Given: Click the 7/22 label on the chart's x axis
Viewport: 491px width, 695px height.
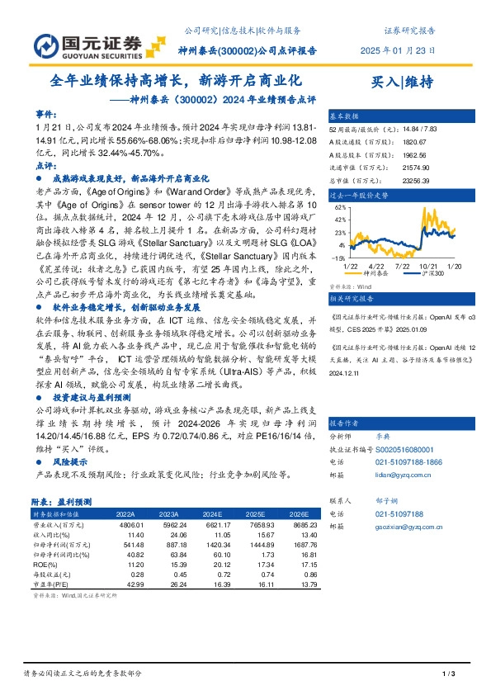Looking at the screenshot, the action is pos(404,264).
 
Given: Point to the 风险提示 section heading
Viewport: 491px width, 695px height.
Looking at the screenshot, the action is pos(69,464).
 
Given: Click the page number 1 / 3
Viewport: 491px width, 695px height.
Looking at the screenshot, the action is pos(450,676).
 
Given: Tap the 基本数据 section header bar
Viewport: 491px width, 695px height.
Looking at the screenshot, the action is pos(343,115).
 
